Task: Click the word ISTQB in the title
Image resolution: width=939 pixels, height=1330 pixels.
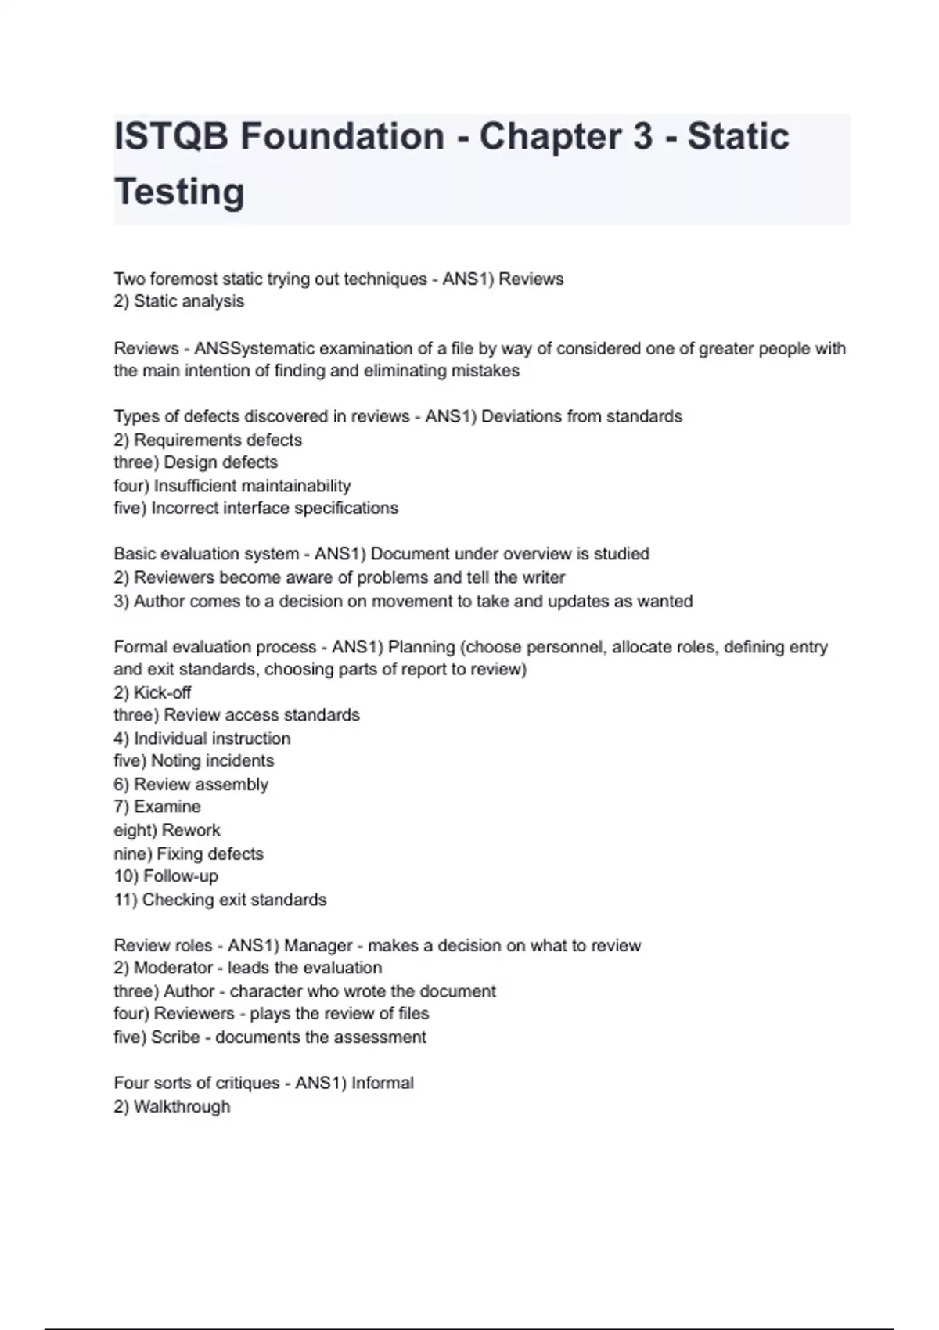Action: point(171,136)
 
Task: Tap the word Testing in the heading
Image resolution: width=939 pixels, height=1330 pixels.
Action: point(179,192)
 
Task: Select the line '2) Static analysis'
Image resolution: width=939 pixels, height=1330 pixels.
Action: point(178,301)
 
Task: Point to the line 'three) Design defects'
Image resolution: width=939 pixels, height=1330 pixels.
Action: point(196,462)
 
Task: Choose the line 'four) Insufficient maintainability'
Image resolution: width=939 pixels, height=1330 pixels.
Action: point(232,486)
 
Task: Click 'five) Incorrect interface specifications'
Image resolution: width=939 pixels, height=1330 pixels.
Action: point(255,509)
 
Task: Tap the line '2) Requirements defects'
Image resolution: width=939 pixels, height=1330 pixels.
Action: point(207,440)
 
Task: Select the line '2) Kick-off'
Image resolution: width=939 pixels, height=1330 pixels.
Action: point(152,692)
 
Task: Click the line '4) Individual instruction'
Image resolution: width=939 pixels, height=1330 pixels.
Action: point(202,739)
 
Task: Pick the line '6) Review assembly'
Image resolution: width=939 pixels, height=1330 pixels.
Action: point(190,784)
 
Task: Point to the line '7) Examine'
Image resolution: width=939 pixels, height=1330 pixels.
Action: point(156,807)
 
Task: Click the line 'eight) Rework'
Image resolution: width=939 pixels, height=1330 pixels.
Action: point(167,830)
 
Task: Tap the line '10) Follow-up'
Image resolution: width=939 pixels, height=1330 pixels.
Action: point(166,876)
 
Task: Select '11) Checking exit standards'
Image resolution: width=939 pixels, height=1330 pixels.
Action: point(220,900)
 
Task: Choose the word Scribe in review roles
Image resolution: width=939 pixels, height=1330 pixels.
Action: point(175,1037)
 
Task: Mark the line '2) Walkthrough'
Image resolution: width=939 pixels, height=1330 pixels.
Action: point(171,1107)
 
